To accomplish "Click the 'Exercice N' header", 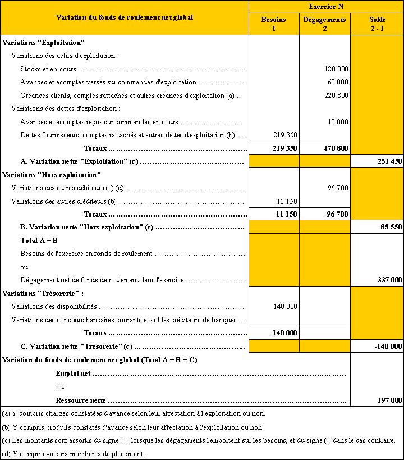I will (325, 6).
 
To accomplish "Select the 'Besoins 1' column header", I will (273, 24).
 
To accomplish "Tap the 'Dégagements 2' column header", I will (324, 24).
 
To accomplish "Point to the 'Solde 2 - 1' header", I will (377, 24).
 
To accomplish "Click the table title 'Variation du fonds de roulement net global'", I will (125, 17).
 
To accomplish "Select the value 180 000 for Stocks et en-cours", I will (336, 69).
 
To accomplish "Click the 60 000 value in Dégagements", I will (338, 82).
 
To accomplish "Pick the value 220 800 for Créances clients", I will (336, 96).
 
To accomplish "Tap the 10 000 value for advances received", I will (338, 121).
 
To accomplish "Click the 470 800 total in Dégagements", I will (336, 148).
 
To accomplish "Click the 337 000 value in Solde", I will (388, 280).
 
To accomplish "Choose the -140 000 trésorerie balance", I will (388, 346).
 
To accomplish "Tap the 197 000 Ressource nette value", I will (388, 400).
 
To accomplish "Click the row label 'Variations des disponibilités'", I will (54, 306).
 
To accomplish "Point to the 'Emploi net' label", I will (74, 373).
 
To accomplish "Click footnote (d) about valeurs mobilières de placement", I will (74, 454).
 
